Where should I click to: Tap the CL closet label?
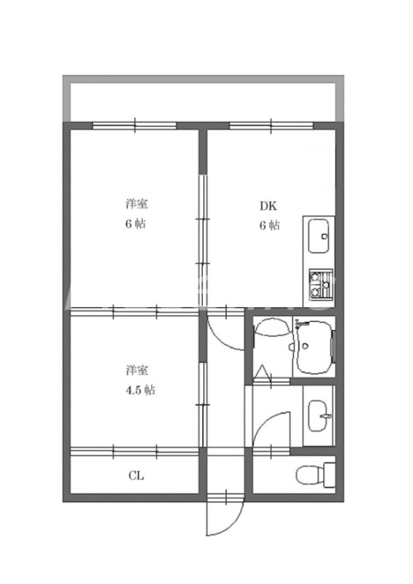pyautogui.click(x=136, y=477)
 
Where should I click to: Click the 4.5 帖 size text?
pyautogui.click(x=137, y=389)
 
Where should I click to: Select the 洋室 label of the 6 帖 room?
pyautogui.click(x=134, y=203)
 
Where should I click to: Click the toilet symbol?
pyautogui.click(x=314, y=477)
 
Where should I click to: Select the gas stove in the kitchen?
pyautogui.click(x=320, y=285)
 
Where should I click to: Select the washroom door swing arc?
pyautogui.click(x=273, y=427)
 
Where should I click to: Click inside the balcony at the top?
pyautogui.click(x=203, y=99)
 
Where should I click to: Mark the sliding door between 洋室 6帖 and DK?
pyautogui.click(x=202, y=219)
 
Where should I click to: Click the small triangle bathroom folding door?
pyautogui.click(x=263, y=375)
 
